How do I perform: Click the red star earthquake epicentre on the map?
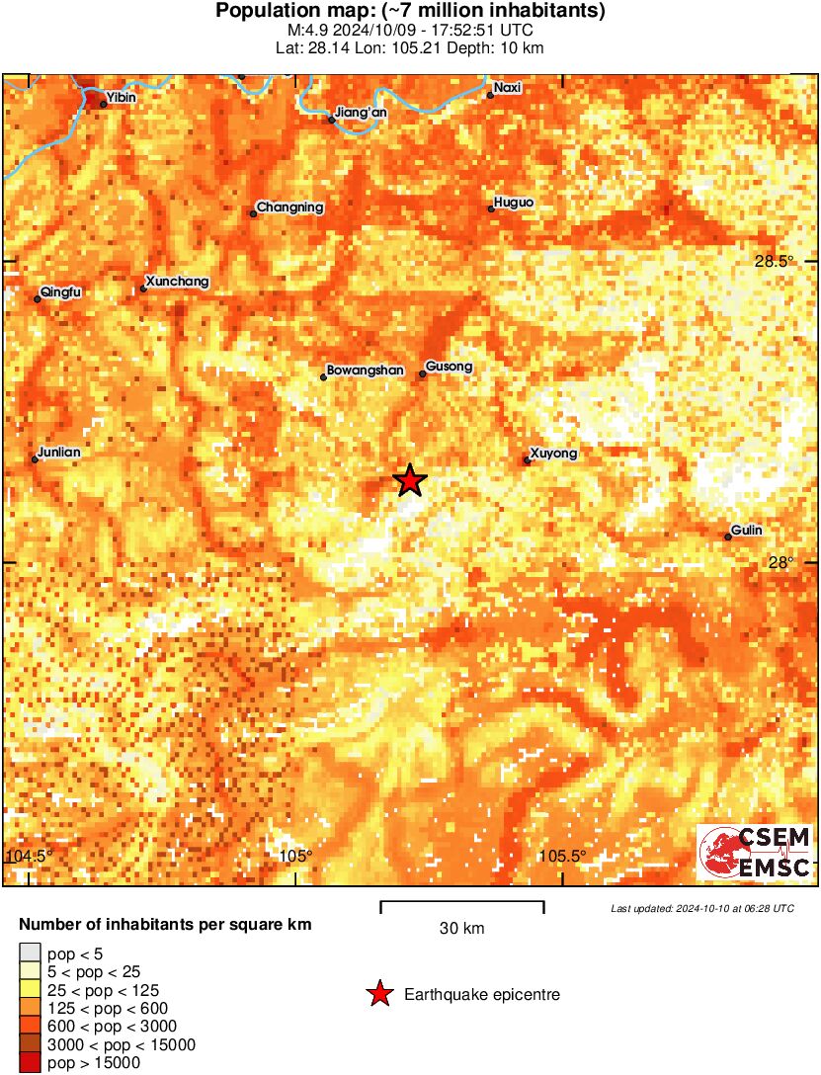pyautogui.click(x=410, y=480)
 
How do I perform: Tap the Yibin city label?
pyautogui.click(x=121, y=98)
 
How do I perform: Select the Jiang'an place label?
pyautogui.click(x=362, y=113)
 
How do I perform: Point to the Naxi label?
pyautogui.click(x=507, y=88)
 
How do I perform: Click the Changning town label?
pyautogui.click(x=289, y=207)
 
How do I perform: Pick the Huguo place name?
pyautogui.click(x=514, y=203)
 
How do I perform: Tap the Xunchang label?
pyautogui.click(x=177, y=282)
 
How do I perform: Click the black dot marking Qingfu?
pyautogui.click(x=38, y=298)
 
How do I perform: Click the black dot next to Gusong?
pyautogui.click(x=422, y=373)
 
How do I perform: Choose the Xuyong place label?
pyautogui.click(x=553, y=454)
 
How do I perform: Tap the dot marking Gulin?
pyautogui.click(x=728, y=537)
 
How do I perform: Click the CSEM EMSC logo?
pyautogui.click(x=756, y=853)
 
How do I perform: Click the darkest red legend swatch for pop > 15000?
pyautogui.click(x=30, y=1063)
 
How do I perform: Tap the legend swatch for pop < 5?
pyautogui.click(x=30, y=953)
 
